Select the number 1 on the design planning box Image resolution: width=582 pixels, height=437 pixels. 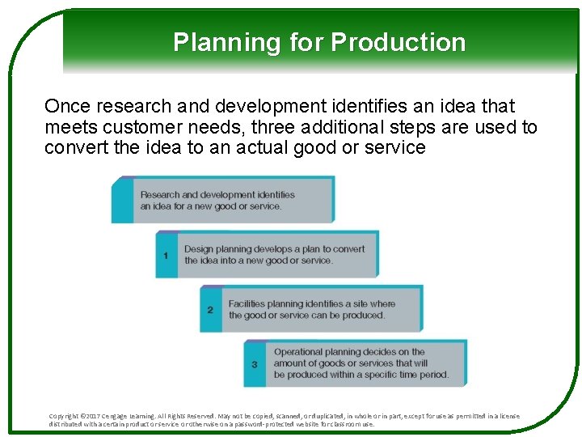[x=166, y=255]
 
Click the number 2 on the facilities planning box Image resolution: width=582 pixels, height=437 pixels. [x=210, y=310]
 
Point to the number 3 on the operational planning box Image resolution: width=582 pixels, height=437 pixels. [x=255, y=364]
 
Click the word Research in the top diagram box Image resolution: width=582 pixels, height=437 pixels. [x=160, y=194]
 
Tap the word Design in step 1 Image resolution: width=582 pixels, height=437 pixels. [x=197, y=249]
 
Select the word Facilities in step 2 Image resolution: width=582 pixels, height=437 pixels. [x=247, y=304]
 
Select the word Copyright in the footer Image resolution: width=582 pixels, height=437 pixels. [x=65, y=416]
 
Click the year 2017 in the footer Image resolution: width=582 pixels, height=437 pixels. [x=95, y=416]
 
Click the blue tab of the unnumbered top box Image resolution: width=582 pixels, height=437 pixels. [x=122, y=199]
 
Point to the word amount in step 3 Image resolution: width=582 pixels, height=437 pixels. [x=292, y=363]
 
